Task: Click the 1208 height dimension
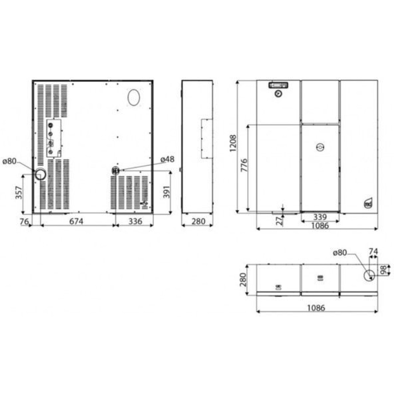(233, 143)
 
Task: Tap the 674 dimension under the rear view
(76, 221)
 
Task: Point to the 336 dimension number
(135, 221)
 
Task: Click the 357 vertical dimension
(19, 192)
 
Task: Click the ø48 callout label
(167, 159)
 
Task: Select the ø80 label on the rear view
(10, 161)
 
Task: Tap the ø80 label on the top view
(340, 253)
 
